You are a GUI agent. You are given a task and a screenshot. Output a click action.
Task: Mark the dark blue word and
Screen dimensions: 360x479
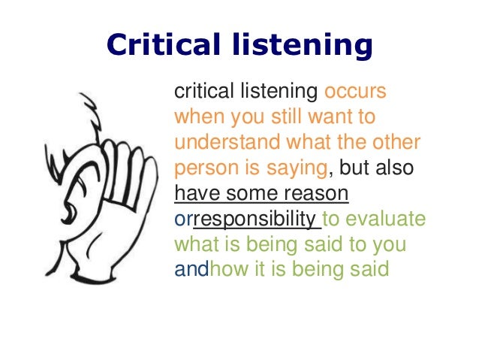[191, 268]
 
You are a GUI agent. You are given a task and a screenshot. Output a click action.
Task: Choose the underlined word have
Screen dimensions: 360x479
[197, 193]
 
